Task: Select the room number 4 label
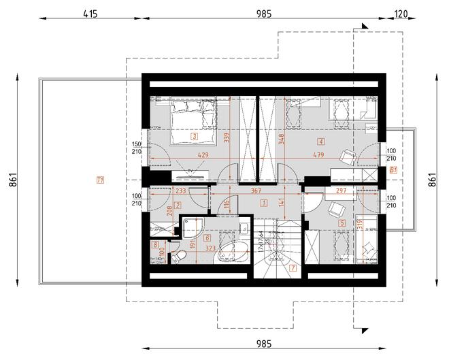320,141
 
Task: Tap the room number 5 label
341,222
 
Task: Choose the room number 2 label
178,205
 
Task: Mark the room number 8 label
155,244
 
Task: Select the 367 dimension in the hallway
256,191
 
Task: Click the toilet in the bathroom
180,257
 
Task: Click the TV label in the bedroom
192,169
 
